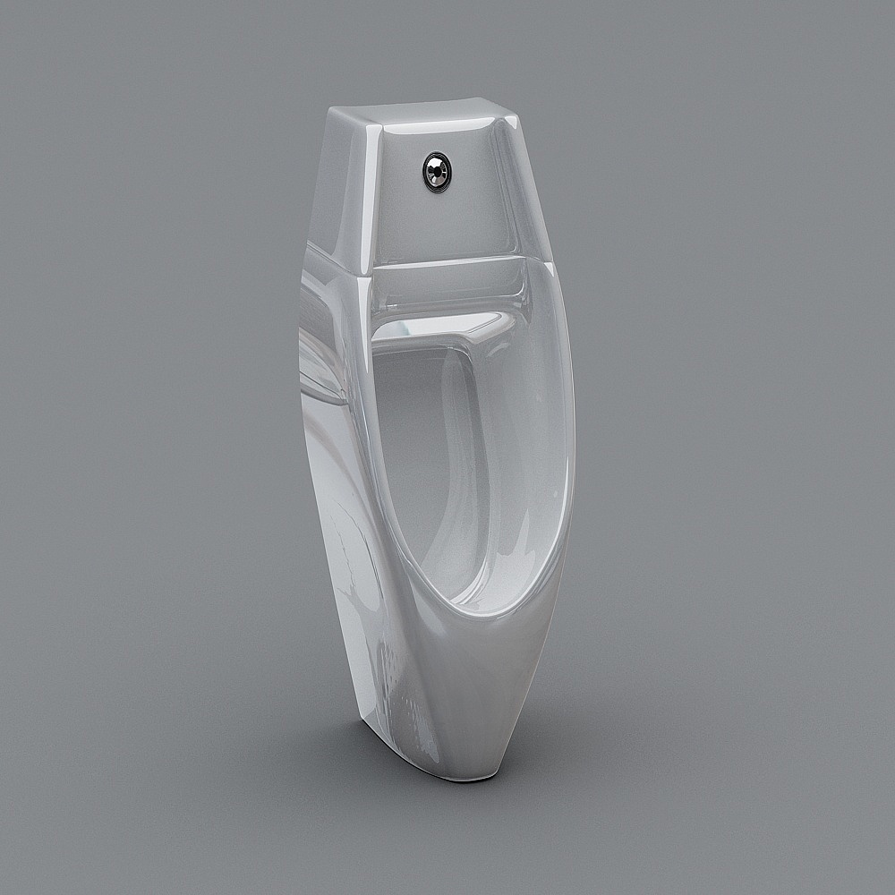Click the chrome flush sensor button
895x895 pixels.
coord(436,172)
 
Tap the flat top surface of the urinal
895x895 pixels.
coord(421,113)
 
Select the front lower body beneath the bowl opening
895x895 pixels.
coord(483,689)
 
